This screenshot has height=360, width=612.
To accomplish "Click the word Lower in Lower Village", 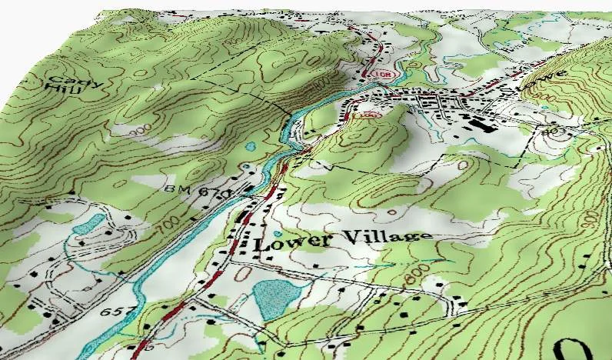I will [x=281, y=242].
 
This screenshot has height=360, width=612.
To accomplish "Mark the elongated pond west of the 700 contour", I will [x=91, y=224].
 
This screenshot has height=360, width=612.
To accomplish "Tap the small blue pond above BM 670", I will [x=250, y=145].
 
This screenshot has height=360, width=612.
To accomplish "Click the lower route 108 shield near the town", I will [x=374, y=114].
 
